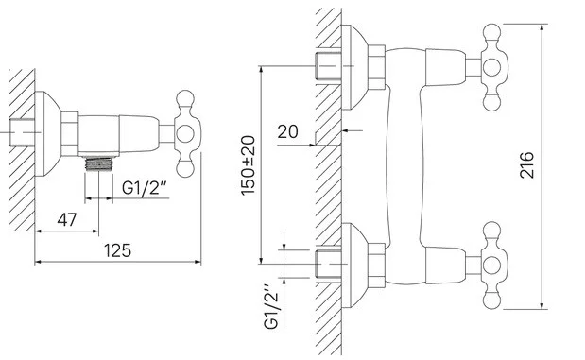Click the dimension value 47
pyautogui.click(x=67, y=220)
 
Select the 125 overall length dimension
pyautogui.click(x=117, y=250)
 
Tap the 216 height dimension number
pyautogui.click(x=526, y=165)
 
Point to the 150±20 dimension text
pyautogui.click(x=249, y=165)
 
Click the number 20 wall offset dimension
pyautogui.click(x=287, y=131)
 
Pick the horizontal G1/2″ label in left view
pyautogui.click(x=144, y=187)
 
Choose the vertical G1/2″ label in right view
pyautogui.click(x=271, y=307)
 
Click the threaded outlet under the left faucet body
pyautogui.click(x=99, y=163)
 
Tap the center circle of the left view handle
pyautogui.click(x=185, y=133)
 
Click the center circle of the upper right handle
pyautogui.click(x=491, y=67)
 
